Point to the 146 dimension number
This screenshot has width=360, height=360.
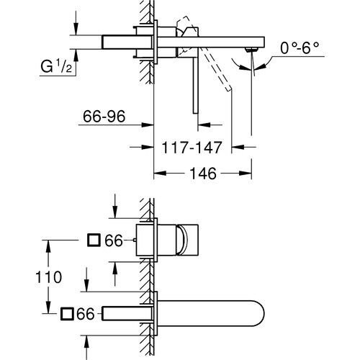pyautogui.click(x=204, y=174)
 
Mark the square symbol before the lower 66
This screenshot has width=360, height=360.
pyautogui.click(x=66, y=312)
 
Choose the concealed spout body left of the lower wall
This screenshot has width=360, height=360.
pyautogui.click(x=128, y=312)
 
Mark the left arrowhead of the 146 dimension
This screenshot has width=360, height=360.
pyautogui.click(x=159, y=174)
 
